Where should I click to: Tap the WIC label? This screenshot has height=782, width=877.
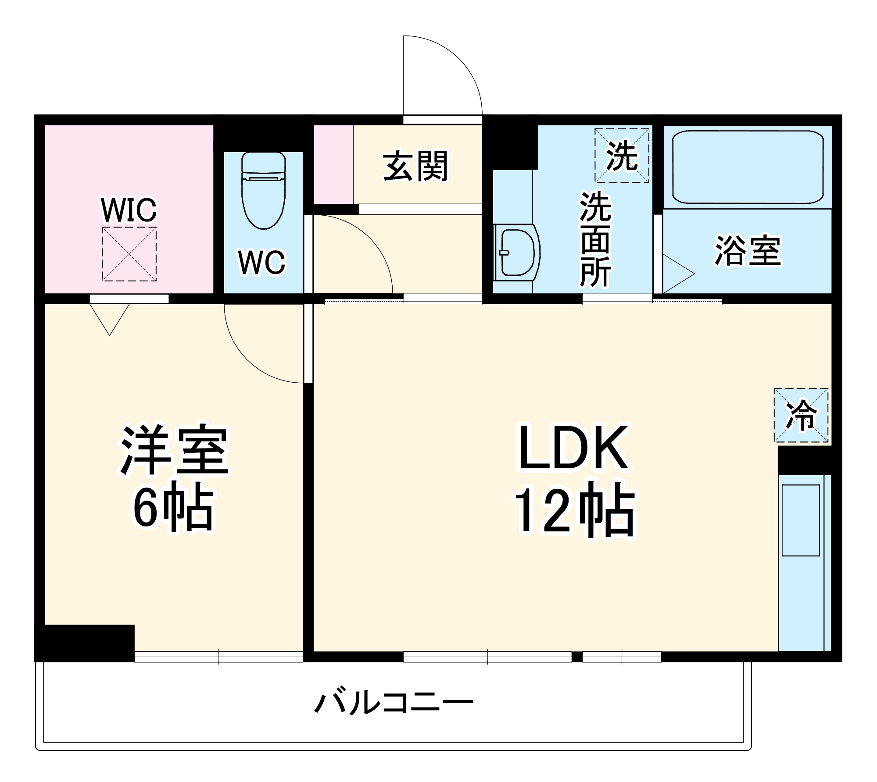click(x=129, y=210)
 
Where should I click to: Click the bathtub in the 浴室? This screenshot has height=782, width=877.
click(x=748, y=167)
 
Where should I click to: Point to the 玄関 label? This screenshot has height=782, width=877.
click(x=415, y=166)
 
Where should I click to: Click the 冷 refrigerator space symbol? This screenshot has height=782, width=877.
click(x=801, y=415)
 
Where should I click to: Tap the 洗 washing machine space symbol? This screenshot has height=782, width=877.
click(x=622, y=156)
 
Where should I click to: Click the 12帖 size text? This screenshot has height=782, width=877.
click(x=574, y=510)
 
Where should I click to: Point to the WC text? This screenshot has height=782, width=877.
click(x=261, y=263)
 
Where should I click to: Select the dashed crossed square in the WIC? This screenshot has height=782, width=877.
click(x=129, y=254)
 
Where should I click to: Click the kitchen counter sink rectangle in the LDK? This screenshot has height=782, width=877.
click(x=801, y=520)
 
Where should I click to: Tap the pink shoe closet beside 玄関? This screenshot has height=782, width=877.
click(x=333, y=164)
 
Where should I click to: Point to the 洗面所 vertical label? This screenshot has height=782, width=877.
click(x=595, y=239)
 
